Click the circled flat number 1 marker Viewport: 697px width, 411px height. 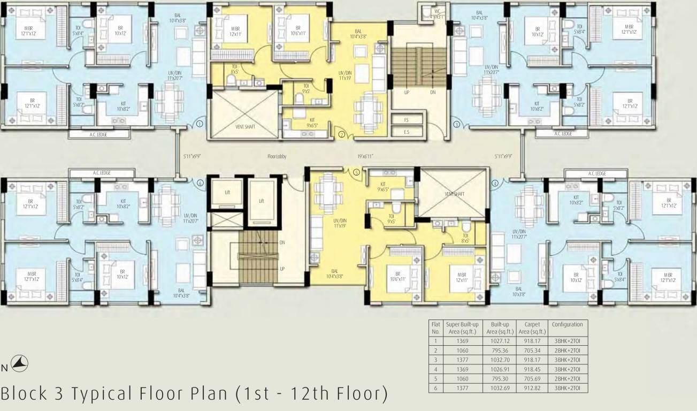pos(199,124)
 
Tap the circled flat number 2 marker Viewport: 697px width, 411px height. pos(340,134)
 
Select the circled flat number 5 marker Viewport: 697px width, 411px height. pos(356,172)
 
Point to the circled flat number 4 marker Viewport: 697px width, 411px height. pos(495,183)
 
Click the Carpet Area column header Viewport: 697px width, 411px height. pos(532,328)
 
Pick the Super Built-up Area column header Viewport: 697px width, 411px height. pos(461,328)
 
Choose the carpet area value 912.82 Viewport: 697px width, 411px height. pos(532,386)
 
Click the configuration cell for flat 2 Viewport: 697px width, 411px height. pos(566,349)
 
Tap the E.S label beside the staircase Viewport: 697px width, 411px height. pos(407,131)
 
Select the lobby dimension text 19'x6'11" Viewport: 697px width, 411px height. pos(365,156)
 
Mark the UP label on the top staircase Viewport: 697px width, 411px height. pos(407,92)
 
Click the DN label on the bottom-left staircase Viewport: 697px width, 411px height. pos(282,242)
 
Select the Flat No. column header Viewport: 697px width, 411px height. pos(435,328)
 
